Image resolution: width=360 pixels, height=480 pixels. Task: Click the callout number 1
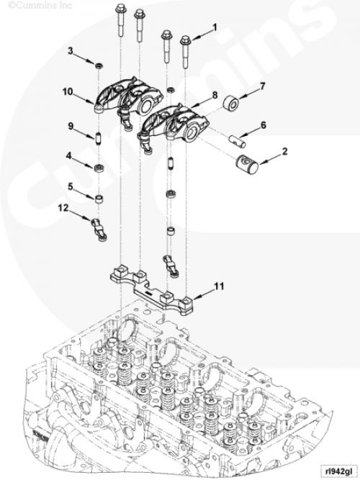click(x=215, y=27)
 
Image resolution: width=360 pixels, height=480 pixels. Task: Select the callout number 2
click(x=284, y=151)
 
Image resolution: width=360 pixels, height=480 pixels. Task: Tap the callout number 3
click(x=71, y=51)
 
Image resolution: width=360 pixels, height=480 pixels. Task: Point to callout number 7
click(x=262, y=86)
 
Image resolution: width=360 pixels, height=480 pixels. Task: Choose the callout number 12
click(x=63, y=208)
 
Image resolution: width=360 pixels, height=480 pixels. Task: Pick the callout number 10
click(x=68, y=91)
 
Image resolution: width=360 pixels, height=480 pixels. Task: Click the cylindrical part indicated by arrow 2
click(x=247, y=165)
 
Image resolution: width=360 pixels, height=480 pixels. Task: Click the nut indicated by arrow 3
click(x=99, y=65)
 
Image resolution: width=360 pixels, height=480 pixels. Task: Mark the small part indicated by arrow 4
click(x=99, y=168)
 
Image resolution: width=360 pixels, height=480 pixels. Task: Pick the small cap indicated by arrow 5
click(x=99, y=199)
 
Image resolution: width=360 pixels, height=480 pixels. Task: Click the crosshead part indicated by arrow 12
click(x=99, y=229)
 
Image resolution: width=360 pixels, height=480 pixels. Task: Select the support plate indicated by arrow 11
click(x=152, y=290)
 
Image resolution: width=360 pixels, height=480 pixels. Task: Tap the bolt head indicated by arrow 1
click(x=185, y=40)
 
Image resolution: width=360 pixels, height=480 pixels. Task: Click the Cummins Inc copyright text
click(x=40, y=5)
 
